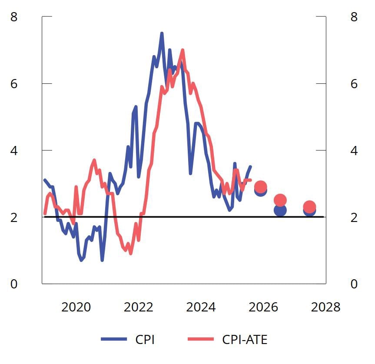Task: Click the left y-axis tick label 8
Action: pyautogui.click(x=14, y=17)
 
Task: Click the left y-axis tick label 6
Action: pyautogui.click(x=14, y=84)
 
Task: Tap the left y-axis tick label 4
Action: pyautogui.click(x=14, y=151)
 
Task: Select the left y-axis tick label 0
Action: pyautogui.click(x=14, y=284)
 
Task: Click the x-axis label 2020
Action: pyautogui.click(x=76, y=308)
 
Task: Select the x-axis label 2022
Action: pyautogui.click(x=139, y=308)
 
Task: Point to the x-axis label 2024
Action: pyautogui.click(x=201, y=308)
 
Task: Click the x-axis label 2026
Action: pyautogui.click(x=263, y=308)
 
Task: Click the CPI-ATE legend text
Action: pyautogui.click(x=245, y=339)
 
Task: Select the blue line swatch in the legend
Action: pyautogui.click(x=114, y=339)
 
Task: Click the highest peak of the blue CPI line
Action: pyautogui.click(x=162, y=33)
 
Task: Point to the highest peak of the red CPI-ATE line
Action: pyautogui.click(x=183, y=50)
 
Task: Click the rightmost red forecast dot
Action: pyautogui.click(x=309, y=207)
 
